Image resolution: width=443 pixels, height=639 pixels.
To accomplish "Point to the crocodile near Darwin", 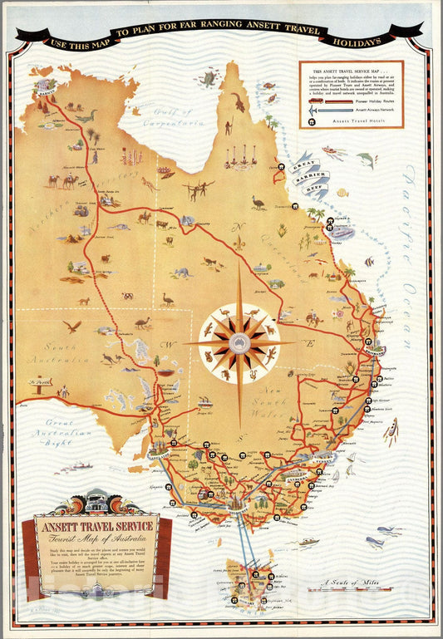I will [86, 117].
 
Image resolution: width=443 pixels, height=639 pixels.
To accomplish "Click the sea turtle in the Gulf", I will [209, 79].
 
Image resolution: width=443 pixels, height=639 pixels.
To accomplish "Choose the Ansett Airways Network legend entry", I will [367, 110].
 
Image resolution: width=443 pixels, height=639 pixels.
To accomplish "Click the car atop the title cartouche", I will [93, 504].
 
